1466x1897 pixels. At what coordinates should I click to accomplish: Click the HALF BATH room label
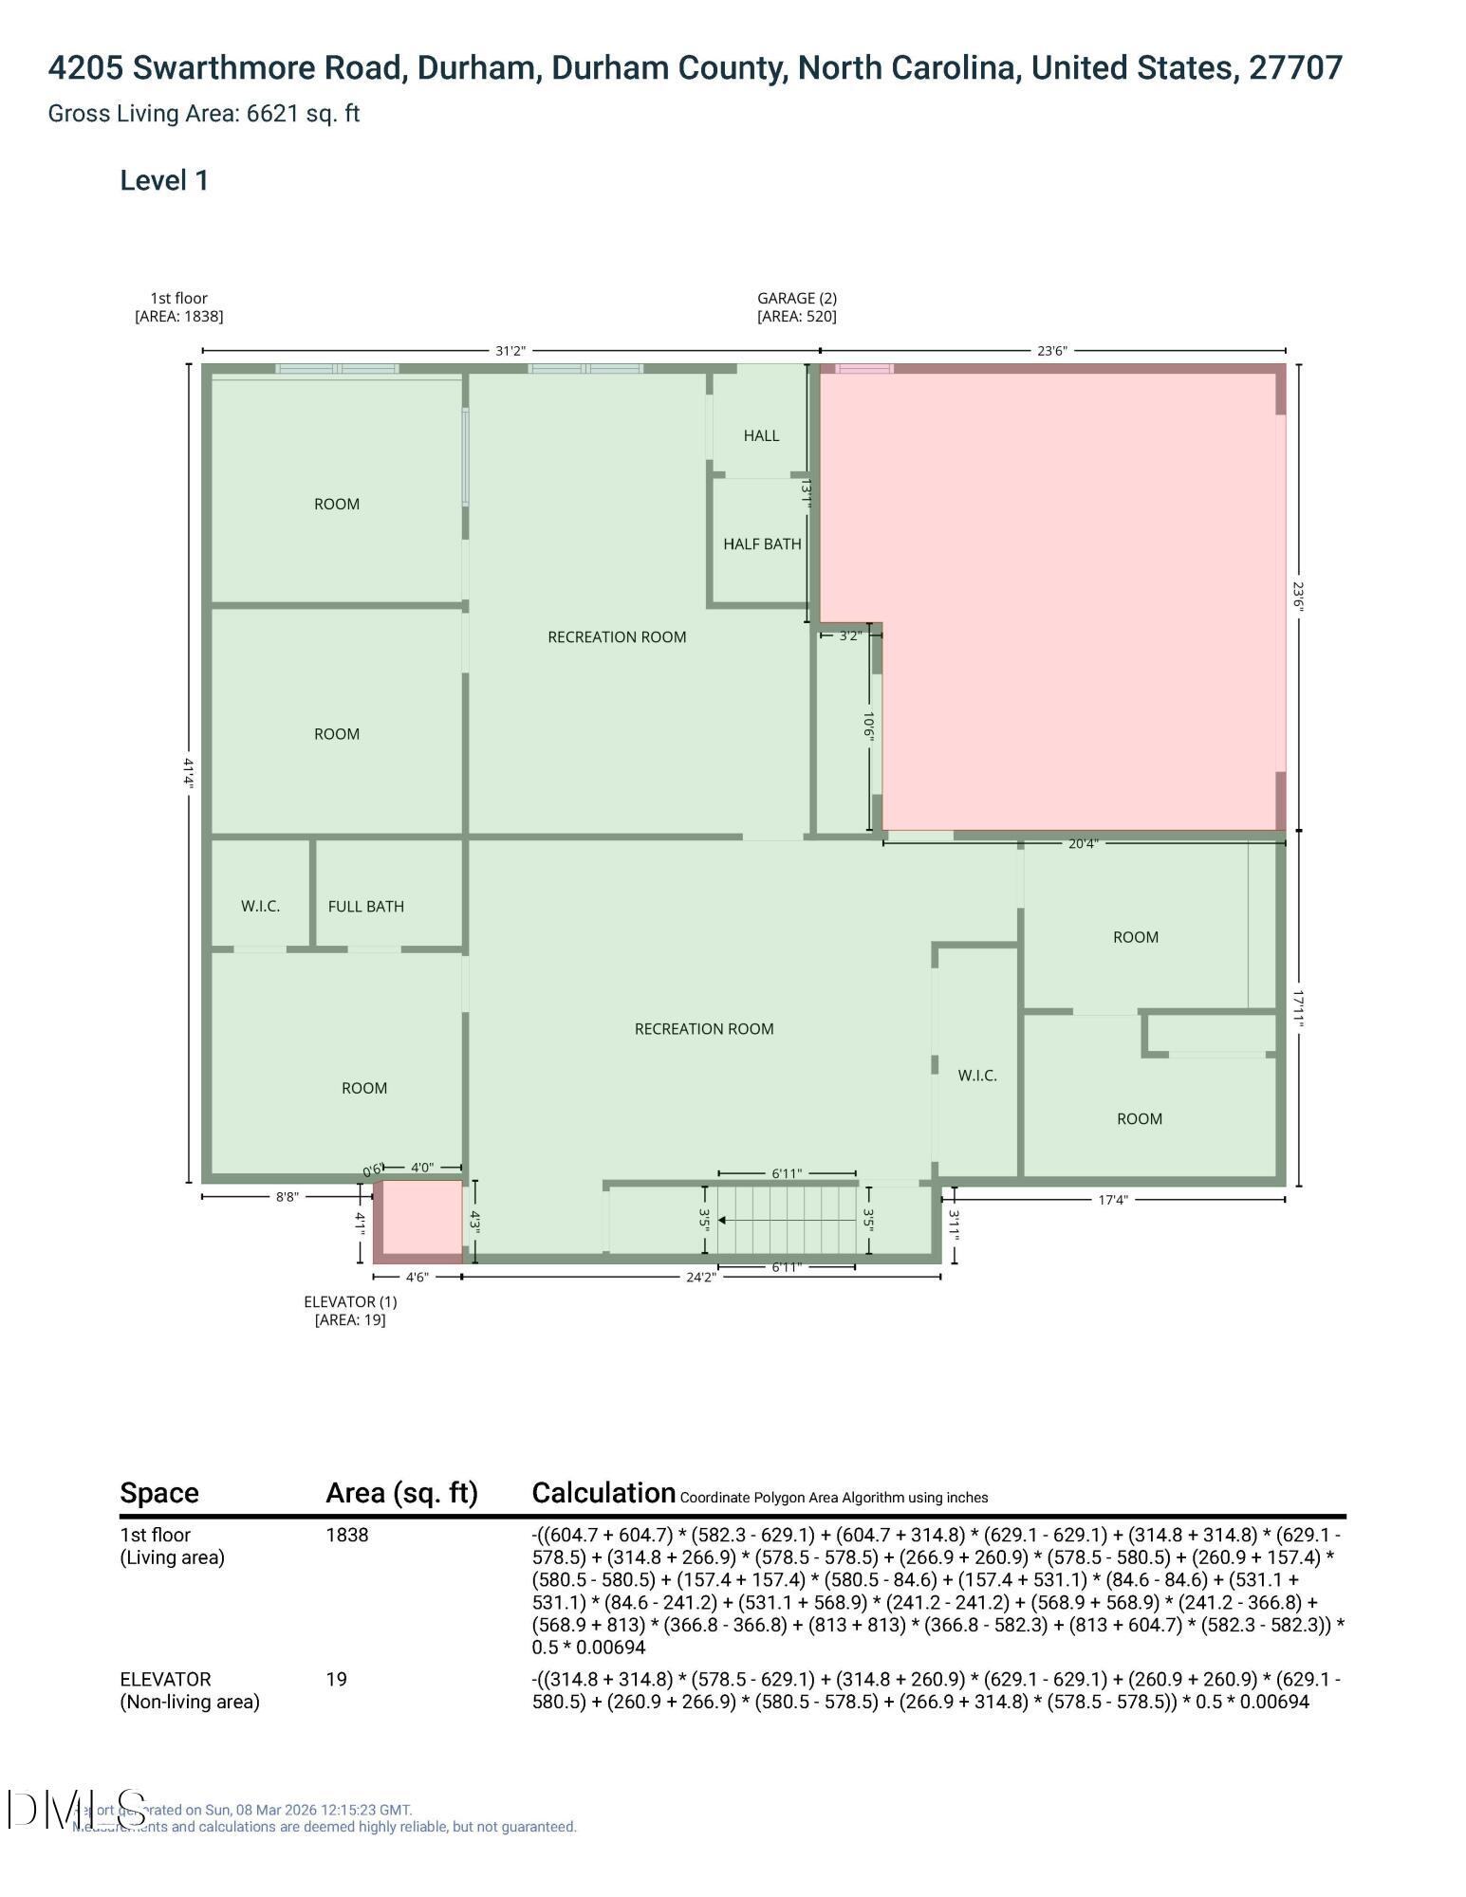762,544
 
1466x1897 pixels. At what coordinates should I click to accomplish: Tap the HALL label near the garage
761,435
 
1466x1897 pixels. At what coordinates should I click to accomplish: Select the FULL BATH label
365,907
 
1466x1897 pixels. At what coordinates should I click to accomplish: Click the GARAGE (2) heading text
796,298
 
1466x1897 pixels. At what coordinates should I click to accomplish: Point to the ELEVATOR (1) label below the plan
349,1301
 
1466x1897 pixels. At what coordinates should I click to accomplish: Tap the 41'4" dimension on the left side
189,773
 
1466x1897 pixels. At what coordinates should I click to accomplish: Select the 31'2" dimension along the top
510,351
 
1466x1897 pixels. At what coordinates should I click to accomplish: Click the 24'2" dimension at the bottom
700,1277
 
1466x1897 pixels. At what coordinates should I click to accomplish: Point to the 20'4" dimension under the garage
1083,843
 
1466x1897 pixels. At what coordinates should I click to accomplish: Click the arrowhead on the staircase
722,1221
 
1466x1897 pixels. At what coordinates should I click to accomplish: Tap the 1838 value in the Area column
347,1535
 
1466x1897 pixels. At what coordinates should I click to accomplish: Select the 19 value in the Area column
337,1679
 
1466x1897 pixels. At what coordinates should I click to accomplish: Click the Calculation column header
603,1493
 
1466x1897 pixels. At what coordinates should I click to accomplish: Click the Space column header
159,1493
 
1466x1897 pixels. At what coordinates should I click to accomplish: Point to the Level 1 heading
164,180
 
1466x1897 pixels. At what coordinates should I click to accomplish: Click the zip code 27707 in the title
1295,68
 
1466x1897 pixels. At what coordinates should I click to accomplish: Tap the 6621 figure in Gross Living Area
269,114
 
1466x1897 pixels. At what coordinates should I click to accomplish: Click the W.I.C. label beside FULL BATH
260,907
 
